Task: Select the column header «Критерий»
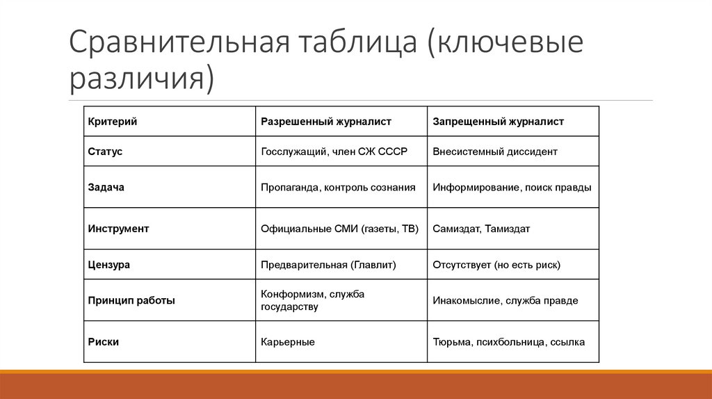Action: pyautogui.click(x=113, y=122)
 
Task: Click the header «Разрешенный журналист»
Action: pyautogui.click(x=326, y=122)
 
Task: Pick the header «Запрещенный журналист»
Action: pyautogui.click(x=498, y=122)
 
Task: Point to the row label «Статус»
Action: pyautogui.click(x=106, y=151)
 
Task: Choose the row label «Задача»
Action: pyautogui.click(x=106, y=187)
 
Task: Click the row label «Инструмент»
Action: pyautogui.click(x=119, y=228)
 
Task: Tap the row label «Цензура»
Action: pyautogui.click(x=109, y=265)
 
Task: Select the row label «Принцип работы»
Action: pyautogui.click(x=131, y=300)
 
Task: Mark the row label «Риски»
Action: pyautogui.click(x=104, y=342)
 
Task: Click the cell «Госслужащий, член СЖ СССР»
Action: pyautogui.click(x=334, y=151)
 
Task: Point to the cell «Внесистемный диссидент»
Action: pyautogui.click(x=495, y=151)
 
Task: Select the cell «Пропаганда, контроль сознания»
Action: pyautogui.click(x=338, y=187)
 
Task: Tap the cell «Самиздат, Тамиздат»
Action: pyautogui.click(x=481, y=228)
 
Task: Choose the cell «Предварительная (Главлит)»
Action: pyautogui.click(x=328, y=265)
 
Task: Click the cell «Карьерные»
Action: pyautogui.click(x=288, y=342)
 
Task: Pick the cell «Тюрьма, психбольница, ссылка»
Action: pyautogui.click(x=508, y=342)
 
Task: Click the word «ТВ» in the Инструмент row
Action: pyautogui.click(x=408, y=228)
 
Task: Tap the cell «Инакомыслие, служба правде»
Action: pyautogui.click(x=505, y=300)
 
